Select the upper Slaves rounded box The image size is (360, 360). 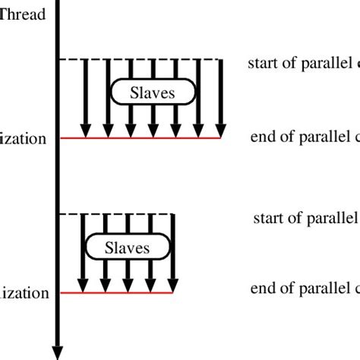coord(153,92)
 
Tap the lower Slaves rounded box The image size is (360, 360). coord(126,248)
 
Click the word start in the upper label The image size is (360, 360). coord(261,64)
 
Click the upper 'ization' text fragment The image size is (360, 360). coord(26,138)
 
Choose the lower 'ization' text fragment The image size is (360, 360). coord(26,293)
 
